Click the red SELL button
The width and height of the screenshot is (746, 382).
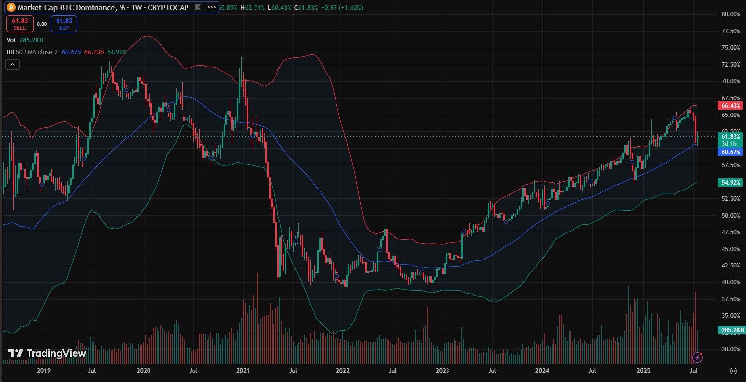[x=20, y=23]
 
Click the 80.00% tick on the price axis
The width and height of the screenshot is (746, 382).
[x=730, y=14]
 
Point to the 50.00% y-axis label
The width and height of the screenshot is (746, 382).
[x=730, y=215]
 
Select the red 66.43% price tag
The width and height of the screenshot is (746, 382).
[x=730, y=106]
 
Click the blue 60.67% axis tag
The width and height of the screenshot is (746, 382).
[x=730, y=152]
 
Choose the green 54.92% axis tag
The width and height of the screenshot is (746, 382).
[x=730, y=183]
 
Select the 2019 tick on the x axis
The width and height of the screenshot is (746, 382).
[x=43, y=370]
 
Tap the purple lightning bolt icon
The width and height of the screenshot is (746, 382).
[x=698, y=356]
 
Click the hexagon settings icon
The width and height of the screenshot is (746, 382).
[x=733, y=370]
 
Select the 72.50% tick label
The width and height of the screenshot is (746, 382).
[x=730, y=65]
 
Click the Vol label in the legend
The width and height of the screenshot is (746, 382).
[x=11, y=40]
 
